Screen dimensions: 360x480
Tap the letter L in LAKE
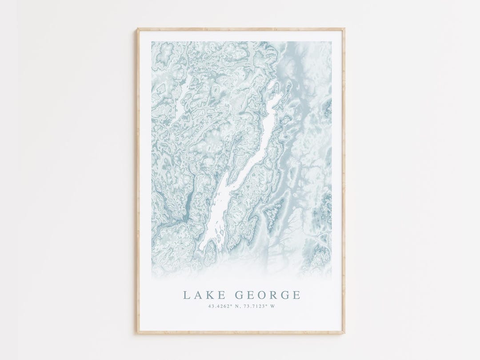187,295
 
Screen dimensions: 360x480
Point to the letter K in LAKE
208,295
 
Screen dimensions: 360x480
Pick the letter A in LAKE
197,295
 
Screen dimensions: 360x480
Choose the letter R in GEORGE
273,295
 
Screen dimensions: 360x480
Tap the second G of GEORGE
285,295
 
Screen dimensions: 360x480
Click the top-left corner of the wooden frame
137,29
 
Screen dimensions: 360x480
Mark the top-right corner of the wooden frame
344,29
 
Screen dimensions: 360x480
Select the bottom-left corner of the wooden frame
137,333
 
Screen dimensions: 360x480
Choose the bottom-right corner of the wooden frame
344,333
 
